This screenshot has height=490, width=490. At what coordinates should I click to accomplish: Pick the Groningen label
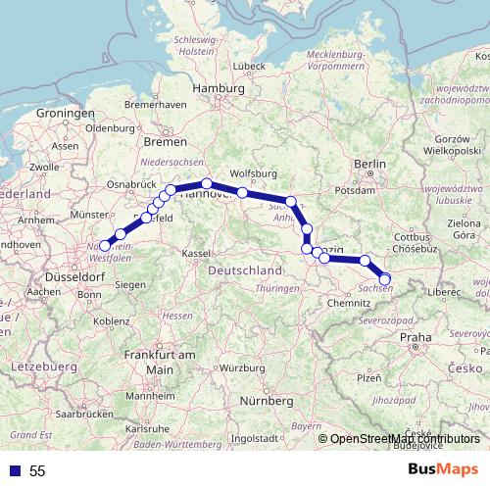65,114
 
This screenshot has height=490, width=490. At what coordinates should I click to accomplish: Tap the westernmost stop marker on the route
106,246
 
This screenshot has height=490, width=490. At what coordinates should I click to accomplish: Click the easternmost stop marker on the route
384,277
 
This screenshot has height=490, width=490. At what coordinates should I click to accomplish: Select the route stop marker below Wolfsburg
242,192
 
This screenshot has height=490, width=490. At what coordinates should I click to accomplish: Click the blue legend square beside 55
14,470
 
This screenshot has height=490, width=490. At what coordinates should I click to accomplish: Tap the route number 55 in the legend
37,470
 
